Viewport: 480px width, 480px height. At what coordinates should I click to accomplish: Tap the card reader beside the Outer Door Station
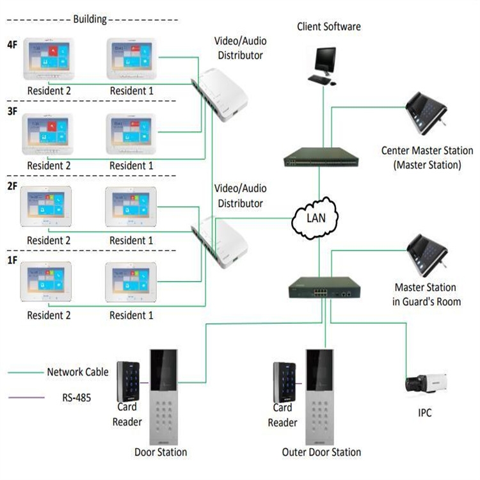click(285, 381)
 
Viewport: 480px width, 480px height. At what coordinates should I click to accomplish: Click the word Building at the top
click(90, 19)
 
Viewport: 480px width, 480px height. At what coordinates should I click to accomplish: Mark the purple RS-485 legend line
click(26, 398)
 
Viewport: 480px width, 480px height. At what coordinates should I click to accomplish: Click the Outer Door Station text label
click(321, 452)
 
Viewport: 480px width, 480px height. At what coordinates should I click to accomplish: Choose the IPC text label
click(424, 413)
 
